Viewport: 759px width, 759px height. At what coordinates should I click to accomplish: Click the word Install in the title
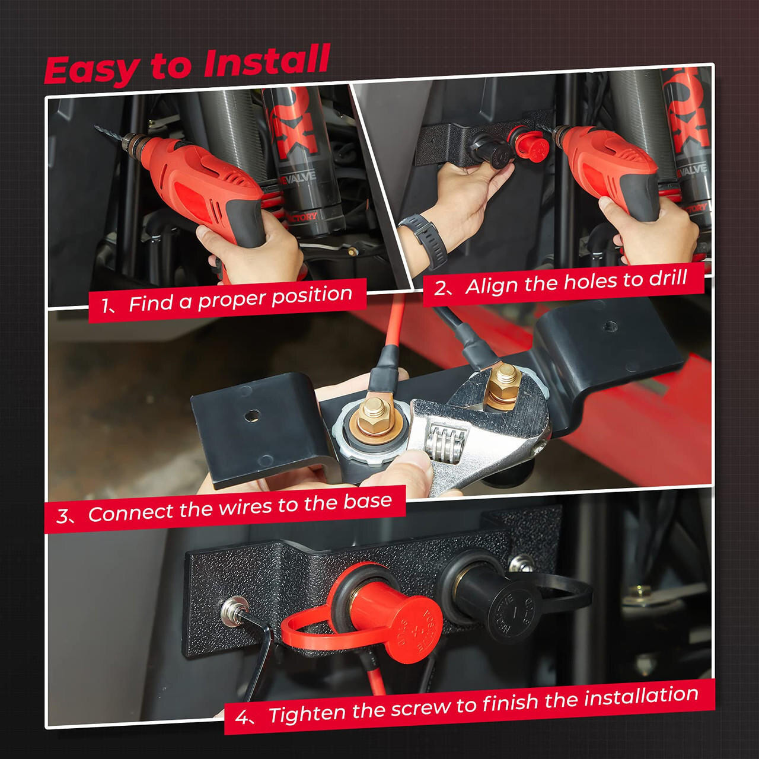click(x=266, y=60)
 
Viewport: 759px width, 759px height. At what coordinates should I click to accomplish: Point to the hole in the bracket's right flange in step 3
click(x=609, y=326)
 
